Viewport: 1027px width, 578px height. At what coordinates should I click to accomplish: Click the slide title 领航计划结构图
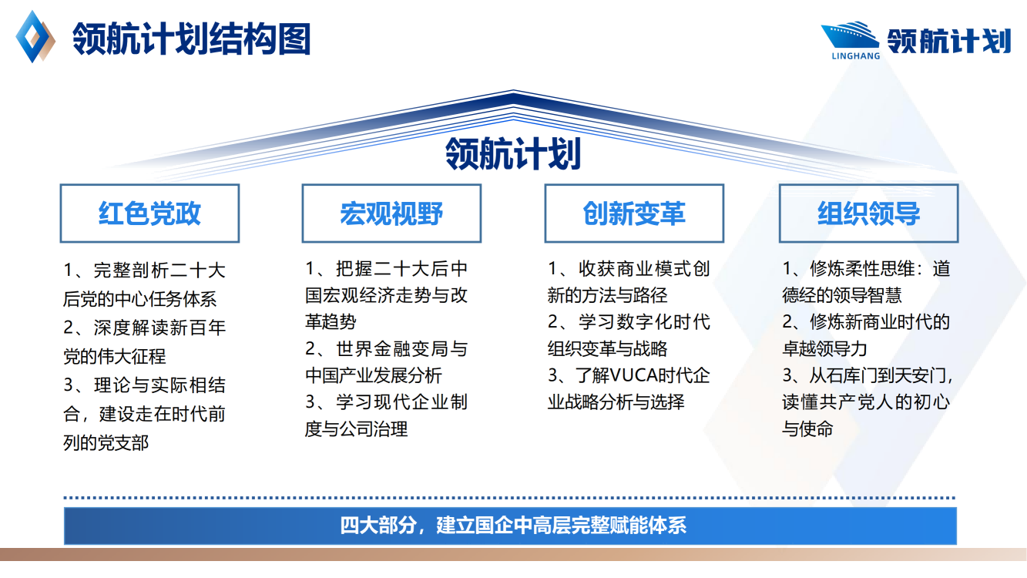192,39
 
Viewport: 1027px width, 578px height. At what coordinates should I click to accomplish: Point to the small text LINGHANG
851,55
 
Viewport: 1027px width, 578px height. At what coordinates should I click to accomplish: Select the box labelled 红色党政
149,213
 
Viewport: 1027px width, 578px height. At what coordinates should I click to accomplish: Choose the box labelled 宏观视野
391,213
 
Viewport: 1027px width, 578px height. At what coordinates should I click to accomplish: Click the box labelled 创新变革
634,213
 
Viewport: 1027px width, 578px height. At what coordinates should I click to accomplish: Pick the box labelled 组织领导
868,213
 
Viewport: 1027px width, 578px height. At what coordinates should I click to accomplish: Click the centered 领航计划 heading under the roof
513,153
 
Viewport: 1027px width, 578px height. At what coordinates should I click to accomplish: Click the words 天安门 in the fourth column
922,376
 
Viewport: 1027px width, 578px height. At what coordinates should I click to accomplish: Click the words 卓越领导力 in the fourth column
824,348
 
